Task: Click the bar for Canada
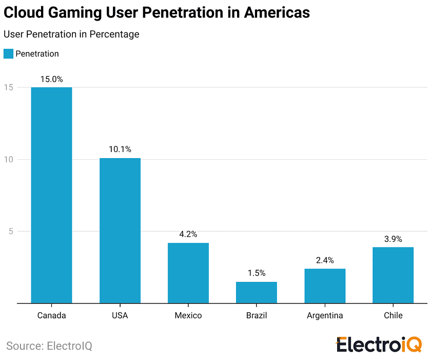click(51, 195)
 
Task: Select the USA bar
click(120, 231)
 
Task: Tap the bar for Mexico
click(188, 273)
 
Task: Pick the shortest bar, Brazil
click(256, 292)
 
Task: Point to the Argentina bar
click(325, 286)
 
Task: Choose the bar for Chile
click(393, 275)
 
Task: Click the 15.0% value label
click(51, 79)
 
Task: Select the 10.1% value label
click(120, 149)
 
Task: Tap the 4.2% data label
click(188, 234)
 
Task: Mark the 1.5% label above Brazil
click(256, 273)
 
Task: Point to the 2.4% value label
click(325, 260)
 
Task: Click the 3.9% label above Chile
click(393, 239)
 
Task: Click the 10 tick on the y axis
click(8, 159)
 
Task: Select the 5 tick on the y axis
click(9, 231)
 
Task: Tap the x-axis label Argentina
click(325, 315)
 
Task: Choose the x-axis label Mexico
click(188, 315)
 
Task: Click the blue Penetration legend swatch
click(8, 54)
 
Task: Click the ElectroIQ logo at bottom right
click(379, 345)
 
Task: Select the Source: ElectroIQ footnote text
click(49, 346)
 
